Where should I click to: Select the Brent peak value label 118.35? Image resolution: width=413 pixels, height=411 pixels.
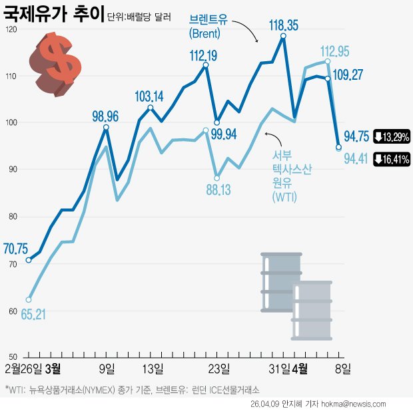283,25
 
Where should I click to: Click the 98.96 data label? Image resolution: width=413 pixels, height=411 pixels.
105,116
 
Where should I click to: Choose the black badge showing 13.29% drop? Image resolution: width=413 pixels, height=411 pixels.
391,137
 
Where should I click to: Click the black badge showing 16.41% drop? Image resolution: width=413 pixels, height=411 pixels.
391,159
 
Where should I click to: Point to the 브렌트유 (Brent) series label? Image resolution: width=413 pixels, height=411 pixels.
209,25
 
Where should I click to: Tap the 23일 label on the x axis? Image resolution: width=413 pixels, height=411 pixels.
219,368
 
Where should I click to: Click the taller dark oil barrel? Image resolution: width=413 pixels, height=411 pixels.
280,281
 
